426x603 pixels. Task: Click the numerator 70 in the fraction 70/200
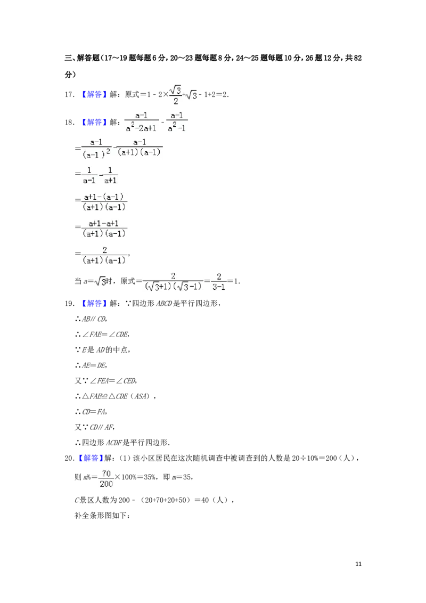106,474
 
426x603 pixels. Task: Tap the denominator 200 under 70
106,484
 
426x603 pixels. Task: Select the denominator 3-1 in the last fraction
219,287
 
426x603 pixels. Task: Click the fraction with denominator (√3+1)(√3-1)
173,281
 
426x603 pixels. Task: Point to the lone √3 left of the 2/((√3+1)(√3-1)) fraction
100,281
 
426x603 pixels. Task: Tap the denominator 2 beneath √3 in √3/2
175,101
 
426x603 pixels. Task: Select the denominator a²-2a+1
141,128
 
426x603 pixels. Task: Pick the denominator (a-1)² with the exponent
96,154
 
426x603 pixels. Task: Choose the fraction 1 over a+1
110,175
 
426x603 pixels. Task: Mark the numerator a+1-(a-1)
104,197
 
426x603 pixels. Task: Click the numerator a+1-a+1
104,223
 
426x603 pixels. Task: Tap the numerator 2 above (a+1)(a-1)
104,249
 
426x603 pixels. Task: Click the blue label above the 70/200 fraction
90,458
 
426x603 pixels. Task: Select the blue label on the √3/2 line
94,94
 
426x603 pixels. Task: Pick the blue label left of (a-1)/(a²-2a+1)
94,123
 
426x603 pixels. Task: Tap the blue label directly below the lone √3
94,303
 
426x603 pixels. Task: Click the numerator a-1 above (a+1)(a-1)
140,142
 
